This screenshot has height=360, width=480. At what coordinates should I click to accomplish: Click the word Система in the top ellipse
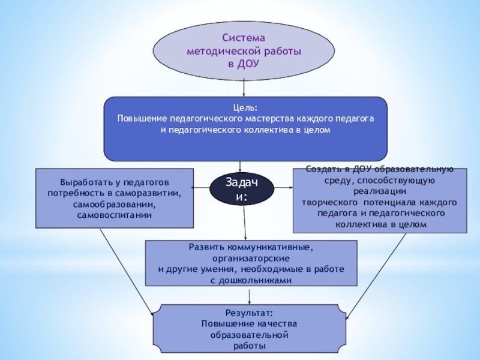244,38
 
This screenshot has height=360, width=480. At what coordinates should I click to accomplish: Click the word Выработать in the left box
84,182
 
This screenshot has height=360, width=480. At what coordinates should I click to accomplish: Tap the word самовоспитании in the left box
114,214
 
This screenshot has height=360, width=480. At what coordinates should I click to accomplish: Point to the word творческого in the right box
326,202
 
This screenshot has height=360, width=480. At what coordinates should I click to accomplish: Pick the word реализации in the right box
378,191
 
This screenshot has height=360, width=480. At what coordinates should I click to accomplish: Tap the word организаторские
251,257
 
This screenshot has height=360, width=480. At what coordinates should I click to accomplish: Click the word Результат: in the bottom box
249,313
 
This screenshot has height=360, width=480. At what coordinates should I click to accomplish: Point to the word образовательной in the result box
249,335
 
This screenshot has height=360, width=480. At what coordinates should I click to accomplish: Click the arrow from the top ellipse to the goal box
244,89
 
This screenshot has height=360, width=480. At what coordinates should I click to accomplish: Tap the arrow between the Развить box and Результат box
250,295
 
